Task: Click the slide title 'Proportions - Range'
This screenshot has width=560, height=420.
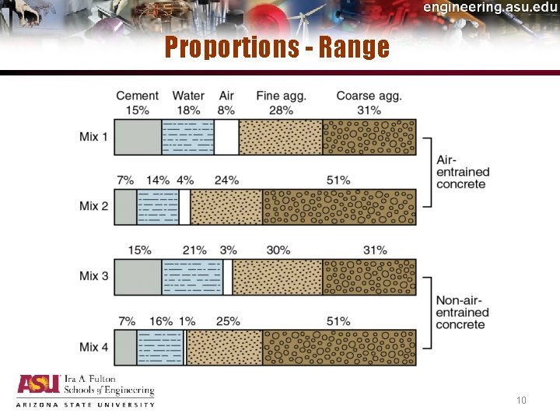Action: click(276, 48)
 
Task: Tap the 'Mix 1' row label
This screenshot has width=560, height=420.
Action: click(94, 137)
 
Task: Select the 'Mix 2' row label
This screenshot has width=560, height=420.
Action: click(94, 206)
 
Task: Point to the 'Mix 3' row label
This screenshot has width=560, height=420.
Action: click(94, 276)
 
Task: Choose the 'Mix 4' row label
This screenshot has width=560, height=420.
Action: click(94, 347)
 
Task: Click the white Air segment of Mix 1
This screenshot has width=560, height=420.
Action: click(226, 137)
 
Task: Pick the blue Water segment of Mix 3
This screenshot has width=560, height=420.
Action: click(192, 277)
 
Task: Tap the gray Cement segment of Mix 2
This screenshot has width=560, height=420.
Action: click(125, 207)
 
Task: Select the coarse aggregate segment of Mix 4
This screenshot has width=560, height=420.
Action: click(339, 347)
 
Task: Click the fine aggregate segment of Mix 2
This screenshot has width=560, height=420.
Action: click(226, 207)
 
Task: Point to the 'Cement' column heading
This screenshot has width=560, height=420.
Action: click(137, 96)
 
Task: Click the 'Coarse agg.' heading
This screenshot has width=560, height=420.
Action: click(369, 96)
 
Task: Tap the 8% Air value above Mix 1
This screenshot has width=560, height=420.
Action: click(226, 110)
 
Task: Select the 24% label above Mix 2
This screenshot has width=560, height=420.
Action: click(226, 180)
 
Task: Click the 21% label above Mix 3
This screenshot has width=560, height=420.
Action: click(194, 250)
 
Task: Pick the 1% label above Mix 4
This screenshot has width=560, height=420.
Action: click(186, 320)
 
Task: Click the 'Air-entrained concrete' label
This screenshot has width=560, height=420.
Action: click(462, 172)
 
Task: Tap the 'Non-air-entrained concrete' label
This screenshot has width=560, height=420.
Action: click(462, 312)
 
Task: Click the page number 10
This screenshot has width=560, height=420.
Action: click(521, 401)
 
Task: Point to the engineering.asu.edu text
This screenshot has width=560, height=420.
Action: click(490, 7)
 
